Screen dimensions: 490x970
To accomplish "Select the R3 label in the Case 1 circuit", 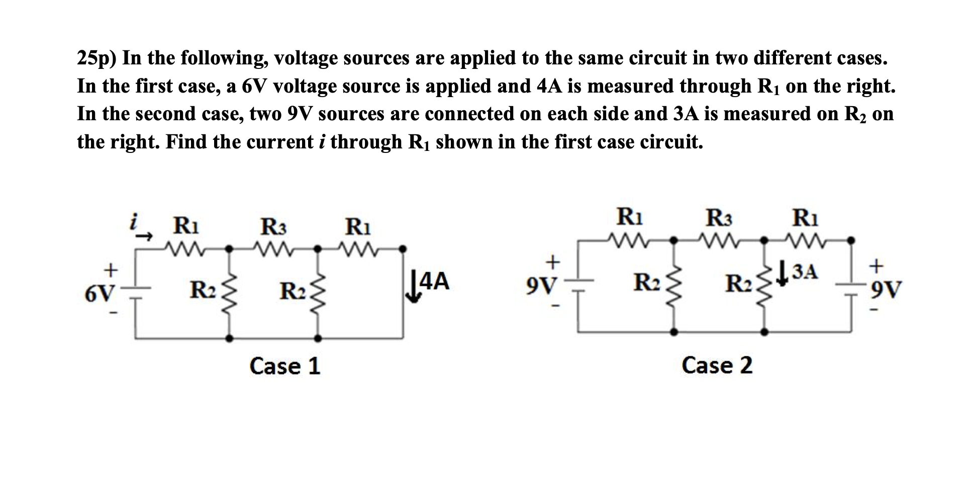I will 273,227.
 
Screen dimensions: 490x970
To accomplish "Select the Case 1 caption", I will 284,366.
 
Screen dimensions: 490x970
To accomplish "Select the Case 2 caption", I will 717,365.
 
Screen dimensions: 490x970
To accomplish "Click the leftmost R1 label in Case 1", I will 185,225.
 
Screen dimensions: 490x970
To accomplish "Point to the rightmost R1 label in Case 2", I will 805,218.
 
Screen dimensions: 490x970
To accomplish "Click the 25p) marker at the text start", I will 96,59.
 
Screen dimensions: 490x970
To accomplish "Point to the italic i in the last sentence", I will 322,142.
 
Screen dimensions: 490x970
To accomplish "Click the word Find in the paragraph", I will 186,142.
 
